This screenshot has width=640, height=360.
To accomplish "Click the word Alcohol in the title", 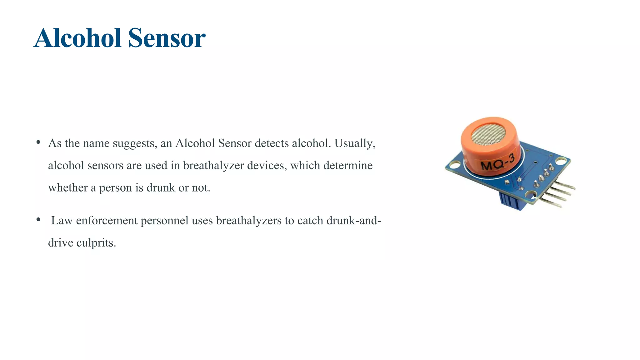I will pyautogui.click(x=77, y=38).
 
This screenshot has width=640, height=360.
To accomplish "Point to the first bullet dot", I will pyautogui.click(x=38, y=142).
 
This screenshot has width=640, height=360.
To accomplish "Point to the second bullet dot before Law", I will pyautogui.click(x=38, y=220).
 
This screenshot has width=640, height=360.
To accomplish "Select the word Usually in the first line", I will pyautogui.click(x=355, y=143).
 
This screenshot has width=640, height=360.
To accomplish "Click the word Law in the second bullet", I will pyautogui.click(x=62, y=221).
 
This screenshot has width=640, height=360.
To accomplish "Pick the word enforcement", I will pyautogui.click(x=107, y=221).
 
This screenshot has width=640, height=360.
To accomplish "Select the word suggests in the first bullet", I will pyautogui.click(x=135, y=144).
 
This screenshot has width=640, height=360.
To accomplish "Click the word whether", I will pyautogui.click(x=68, y=187).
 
